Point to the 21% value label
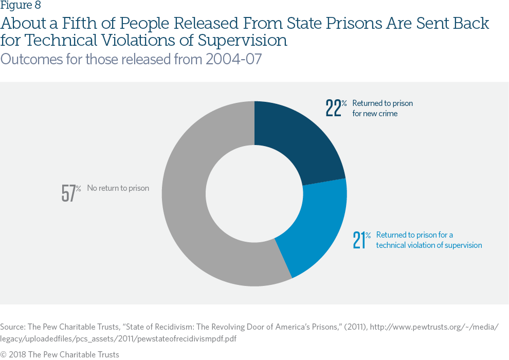point(361,240)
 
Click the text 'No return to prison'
point(118,188)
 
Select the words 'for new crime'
point(375,113)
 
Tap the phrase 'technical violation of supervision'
point(429,245)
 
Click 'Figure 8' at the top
point(21,6)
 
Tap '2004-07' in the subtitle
point(233,59)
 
